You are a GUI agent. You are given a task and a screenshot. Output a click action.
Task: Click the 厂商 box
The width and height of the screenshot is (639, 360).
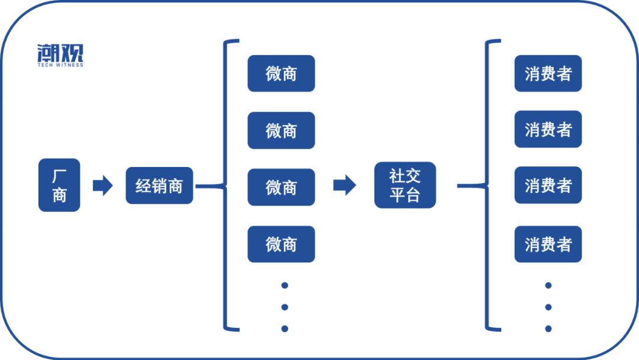tap(59, 185)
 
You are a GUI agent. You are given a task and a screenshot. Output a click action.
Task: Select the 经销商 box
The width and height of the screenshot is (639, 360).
tap(159, 186)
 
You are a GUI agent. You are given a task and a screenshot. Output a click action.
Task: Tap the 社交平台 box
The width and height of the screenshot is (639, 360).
tap(405, 185)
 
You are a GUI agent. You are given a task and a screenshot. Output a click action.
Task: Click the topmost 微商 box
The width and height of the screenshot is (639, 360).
tap(281, 73)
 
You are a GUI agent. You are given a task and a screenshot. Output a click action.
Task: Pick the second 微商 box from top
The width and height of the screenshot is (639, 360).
tap(281, 130)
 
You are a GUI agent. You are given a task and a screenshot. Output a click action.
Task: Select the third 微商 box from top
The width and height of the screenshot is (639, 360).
tap(281, 187)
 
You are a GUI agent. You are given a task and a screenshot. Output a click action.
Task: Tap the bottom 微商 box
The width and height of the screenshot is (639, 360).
tap(281, 244)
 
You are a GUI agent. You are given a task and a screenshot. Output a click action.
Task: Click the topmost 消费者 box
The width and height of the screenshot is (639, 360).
tap(548, 73)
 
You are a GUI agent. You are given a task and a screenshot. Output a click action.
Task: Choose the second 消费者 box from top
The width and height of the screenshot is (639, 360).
tap(548, 129)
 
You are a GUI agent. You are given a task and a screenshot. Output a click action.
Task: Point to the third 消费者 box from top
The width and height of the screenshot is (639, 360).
tap(548, 185)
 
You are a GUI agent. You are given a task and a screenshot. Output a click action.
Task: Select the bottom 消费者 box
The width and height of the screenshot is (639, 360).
tap(548, 244)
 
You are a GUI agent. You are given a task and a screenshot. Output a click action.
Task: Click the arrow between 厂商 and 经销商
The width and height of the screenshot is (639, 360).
tap(102, 186)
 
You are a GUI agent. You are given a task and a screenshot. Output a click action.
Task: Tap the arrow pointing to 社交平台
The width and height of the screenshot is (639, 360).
tap(344, 185)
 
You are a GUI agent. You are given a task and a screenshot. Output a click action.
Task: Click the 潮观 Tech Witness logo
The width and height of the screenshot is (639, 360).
tap(60, 55)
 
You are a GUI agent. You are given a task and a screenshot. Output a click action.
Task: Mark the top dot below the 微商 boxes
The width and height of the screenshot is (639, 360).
tap(285, 285)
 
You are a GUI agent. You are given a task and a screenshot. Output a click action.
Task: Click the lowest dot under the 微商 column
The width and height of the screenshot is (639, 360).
tap(285, 329)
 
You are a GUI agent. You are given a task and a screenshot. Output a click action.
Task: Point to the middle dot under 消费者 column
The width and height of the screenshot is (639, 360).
tap(548, 307)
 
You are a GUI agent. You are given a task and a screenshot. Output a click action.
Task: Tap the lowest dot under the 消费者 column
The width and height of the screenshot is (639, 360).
tap(548, 329)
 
